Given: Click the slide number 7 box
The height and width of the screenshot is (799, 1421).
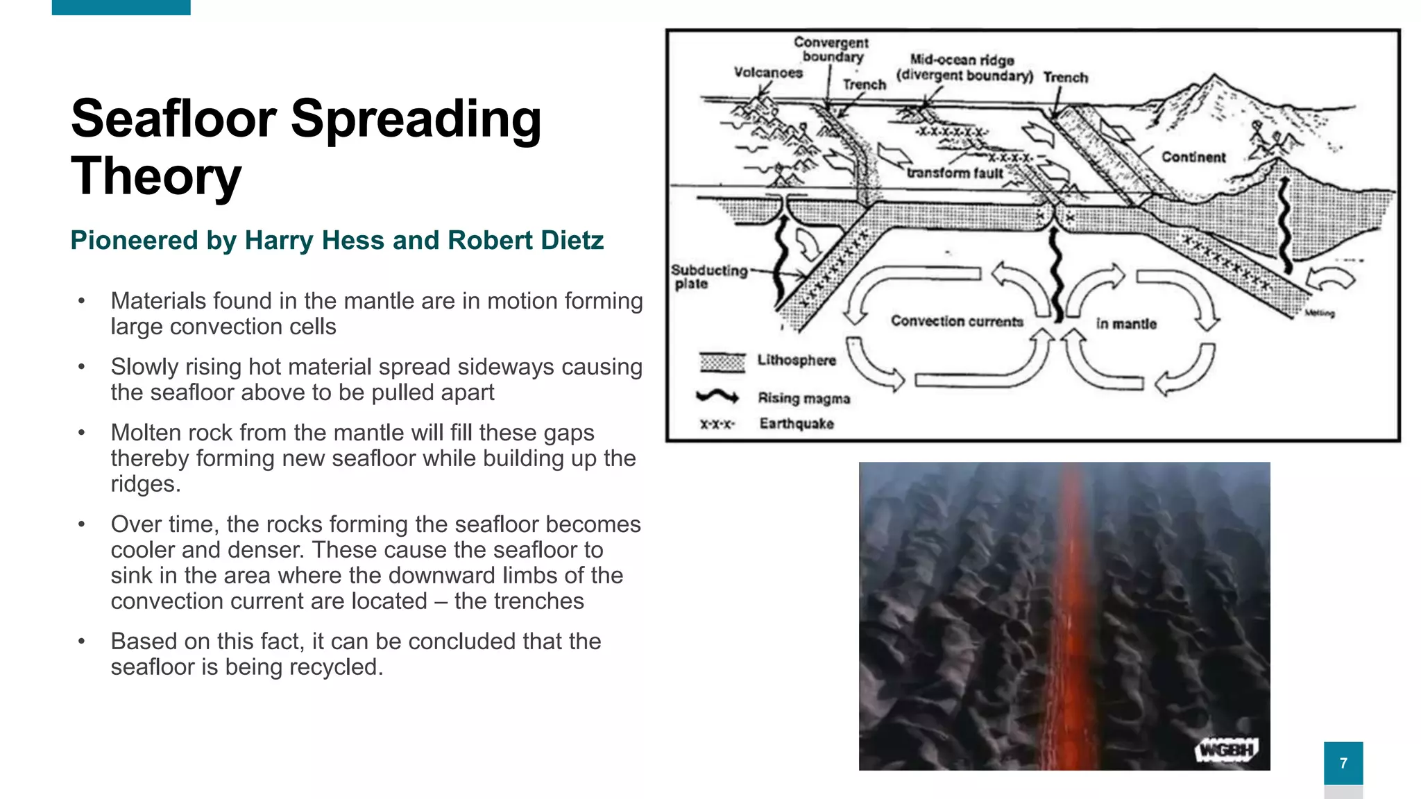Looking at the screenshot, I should click(1343, 763).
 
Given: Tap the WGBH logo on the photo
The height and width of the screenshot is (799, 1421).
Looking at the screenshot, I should click(1227, 750).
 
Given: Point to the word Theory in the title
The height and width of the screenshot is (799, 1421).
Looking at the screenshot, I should click(156, 176).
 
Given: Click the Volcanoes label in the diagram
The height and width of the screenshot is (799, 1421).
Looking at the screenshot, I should click(768, 73).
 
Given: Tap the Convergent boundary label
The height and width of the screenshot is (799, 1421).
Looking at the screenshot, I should click(831, 50).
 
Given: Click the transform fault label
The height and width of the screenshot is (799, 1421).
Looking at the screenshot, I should click(955, 173).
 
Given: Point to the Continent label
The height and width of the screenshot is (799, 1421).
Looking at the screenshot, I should click(1193, 157).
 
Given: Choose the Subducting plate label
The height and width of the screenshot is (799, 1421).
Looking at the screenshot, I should click(708, 277).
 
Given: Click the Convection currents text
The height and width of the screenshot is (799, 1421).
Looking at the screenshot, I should click(957, 321).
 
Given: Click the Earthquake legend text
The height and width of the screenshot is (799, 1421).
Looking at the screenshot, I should click(797, 424).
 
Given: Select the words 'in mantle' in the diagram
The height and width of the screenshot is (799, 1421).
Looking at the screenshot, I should click(1126, 324).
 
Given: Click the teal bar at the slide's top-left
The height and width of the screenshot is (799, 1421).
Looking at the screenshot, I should click(121, 7).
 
